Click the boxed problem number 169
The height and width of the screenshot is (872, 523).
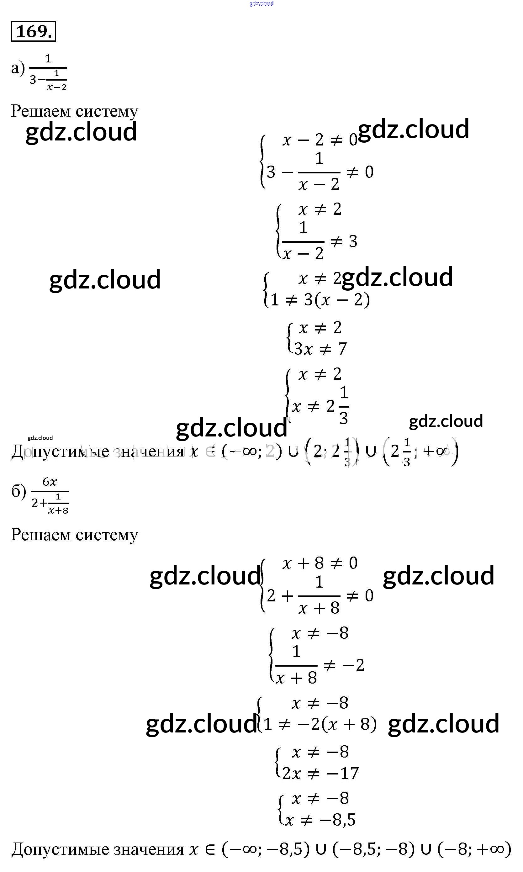point(34,31)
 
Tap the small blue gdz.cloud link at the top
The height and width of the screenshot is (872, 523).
point(261,3)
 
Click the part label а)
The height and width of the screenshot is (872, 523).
point(18,68)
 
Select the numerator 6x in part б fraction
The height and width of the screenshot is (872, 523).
point(50,482)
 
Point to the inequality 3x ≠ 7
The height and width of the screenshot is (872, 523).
point(320,349)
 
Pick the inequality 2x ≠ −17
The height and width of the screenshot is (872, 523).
point(320,773)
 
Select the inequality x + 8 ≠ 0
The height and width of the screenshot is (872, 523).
point(320,563)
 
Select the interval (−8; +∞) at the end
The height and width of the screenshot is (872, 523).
point(474,849)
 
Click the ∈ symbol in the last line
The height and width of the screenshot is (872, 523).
point(210,849)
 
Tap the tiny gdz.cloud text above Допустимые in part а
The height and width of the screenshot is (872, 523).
point(40,438)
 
